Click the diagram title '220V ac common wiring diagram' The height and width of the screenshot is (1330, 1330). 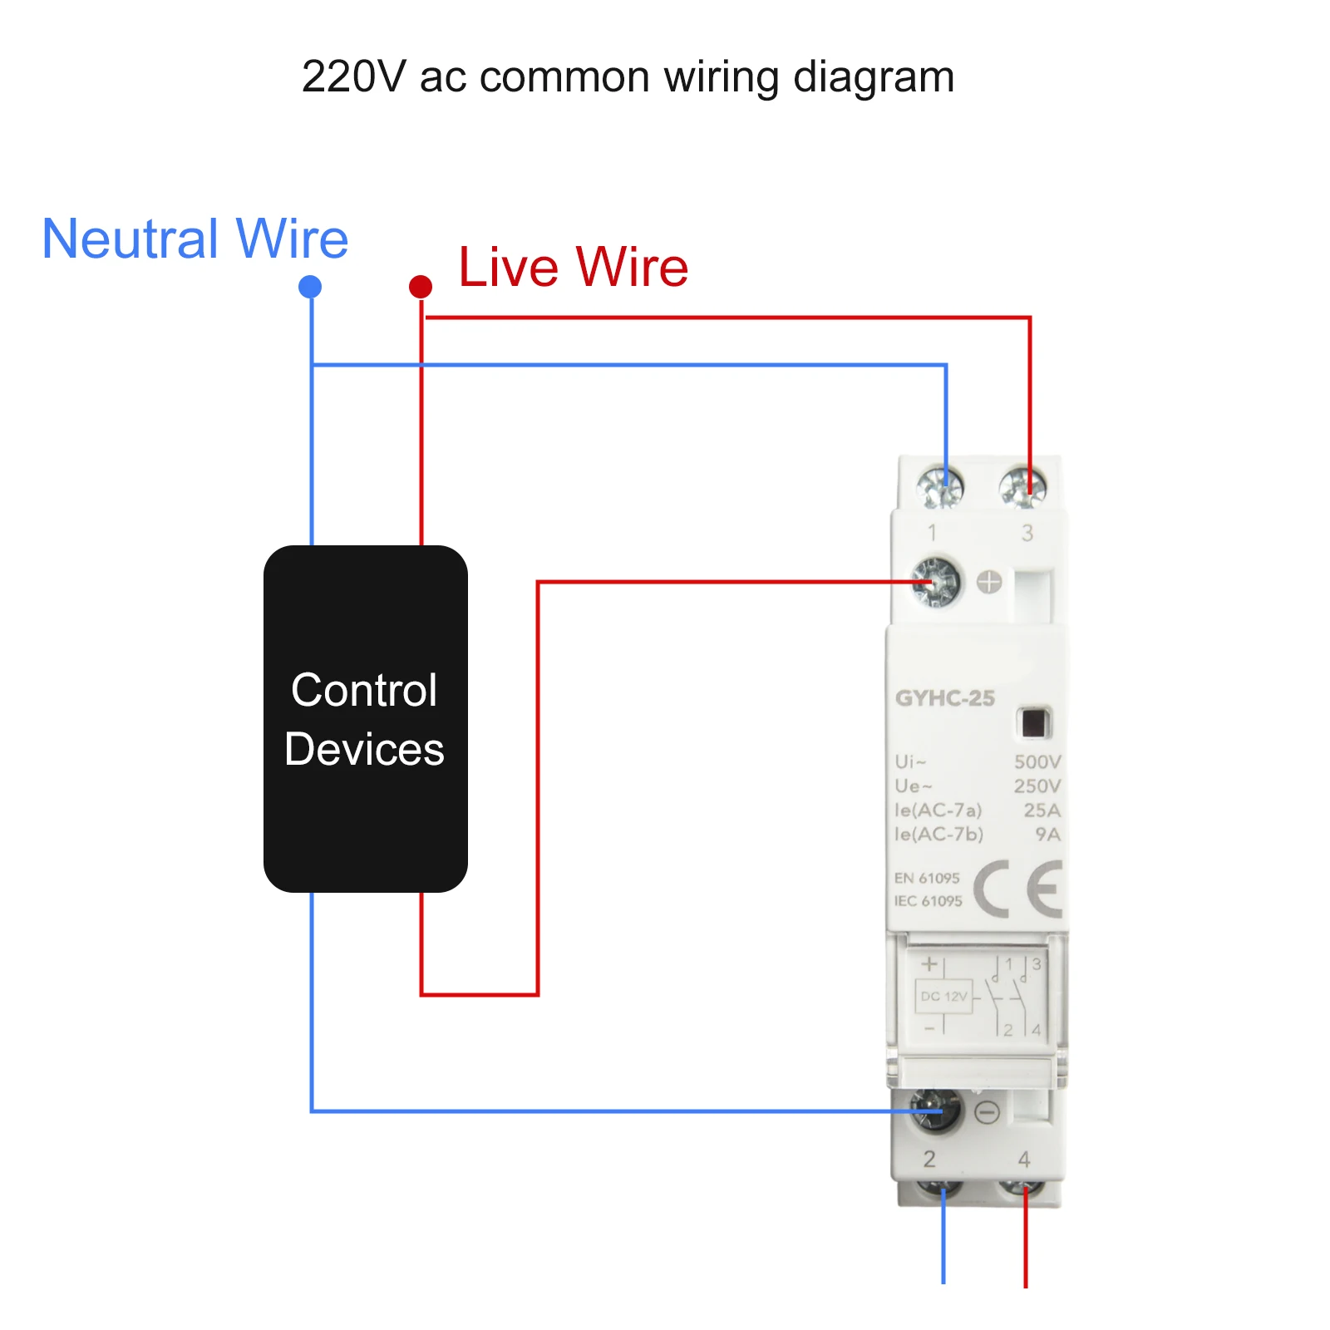pyautogui.click(x=628, y=76)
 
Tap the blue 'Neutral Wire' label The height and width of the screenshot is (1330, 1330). pyautogui.click(x=195, y=239)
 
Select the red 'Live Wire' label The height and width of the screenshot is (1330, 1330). pyautogui.click(x=573, y=267)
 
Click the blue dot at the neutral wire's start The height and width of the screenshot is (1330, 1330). pyautogui.click(x=310, y=287)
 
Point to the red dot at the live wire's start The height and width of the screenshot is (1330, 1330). pyautogui.click(x=421, y=287)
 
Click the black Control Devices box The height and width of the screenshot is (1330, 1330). pyautogui.click(x=365, y=719)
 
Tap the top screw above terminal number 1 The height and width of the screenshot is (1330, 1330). pyautogui.click(x=940, y=487)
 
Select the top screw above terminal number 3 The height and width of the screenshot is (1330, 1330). pyautogui.click(x=1022, y=487)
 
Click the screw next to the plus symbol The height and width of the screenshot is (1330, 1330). pyautogui.click(x=936, y=581)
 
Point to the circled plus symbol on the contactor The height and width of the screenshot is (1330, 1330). pyautogui.click(x=989, y=582)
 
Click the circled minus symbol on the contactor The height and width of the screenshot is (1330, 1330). pyautogui.click(x=987, y=1112)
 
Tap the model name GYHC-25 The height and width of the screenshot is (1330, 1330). pyautogui.click(x=944, y=698)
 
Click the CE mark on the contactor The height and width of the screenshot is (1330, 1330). pyautogui.click(x=1018, y=889)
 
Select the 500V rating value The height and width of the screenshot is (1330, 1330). pyautogui.click(x=1037, y=761)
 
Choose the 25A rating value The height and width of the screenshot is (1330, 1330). pyautogui.click(x=1042, y=810)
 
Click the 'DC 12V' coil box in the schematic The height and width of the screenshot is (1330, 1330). pyautogui.click(x=943, y=996)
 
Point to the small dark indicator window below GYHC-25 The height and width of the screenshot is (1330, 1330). pyautogui.click(x=1033, y=723)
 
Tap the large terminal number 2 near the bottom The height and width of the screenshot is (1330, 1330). pyautogui.click(x=929, y=1158)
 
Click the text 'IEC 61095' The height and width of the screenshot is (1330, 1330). pyautogui.click(x=928, y=901)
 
